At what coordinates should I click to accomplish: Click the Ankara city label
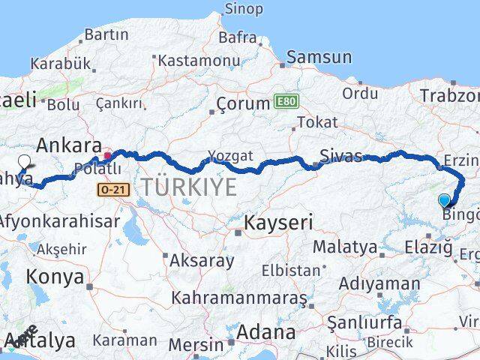point(68,145)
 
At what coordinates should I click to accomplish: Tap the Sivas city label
point(340,156)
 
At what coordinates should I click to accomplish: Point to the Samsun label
point(319,57)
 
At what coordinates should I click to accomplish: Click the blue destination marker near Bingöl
point(445,199)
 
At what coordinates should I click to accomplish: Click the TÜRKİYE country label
point(189,187)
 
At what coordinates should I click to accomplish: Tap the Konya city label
point(55,276)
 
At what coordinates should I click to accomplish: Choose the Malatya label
point(345,246)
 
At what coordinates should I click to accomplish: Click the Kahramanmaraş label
point(238,298)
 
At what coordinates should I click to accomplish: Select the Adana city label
point(266,331)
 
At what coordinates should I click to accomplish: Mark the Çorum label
point(242,103)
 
